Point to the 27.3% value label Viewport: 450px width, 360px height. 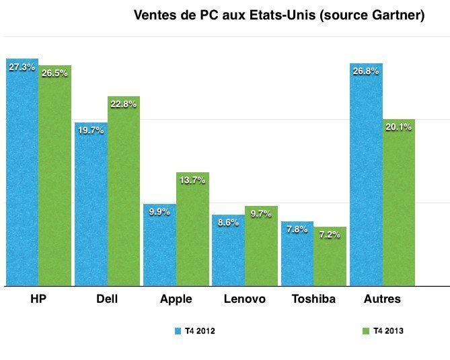(x=22, y=67)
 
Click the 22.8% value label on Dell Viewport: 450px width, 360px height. (x=123, y=104)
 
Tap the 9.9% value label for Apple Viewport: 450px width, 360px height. (x=159, y=211)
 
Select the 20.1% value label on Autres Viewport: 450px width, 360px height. (x=399, y=128)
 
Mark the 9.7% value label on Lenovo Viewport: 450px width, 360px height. (x=261, y=214)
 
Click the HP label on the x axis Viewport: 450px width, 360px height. (x=38, y=299)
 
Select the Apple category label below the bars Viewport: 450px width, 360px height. (x=176, y=299)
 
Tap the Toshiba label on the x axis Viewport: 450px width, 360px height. (x=313, y=299)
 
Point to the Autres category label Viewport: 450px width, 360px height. (x=381, y=299)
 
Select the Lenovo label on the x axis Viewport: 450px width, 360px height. (x=244, y=299)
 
